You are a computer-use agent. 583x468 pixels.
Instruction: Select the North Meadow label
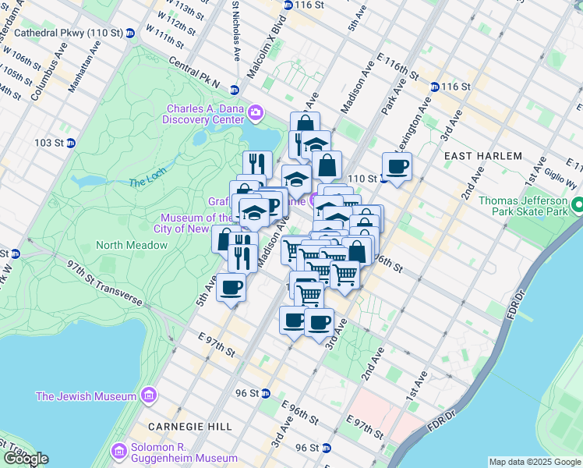pos(132,245)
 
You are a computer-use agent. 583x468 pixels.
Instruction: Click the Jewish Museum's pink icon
pos(148,396)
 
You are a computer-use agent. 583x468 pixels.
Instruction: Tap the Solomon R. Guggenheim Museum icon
pos(119,451)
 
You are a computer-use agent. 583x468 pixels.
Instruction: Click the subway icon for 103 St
pos(70,143)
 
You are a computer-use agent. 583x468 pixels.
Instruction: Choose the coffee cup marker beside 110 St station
pos(397,166)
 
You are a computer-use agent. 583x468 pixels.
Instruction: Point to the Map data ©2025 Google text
pos(535,462)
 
